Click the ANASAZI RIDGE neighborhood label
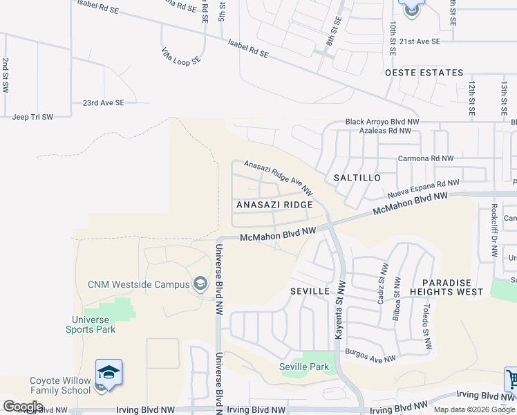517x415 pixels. [x=274, y=205]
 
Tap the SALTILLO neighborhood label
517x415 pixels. [x=357, y=178]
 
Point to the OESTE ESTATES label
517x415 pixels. [x=424, y=73]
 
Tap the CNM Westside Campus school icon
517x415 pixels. [x=200, y=284]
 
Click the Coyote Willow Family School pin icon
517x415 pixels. [x=109, y=372]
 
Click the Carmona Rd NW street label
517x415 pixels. [x=425, y=158]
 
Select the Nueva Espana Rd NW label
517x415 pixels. [x=423, y=187]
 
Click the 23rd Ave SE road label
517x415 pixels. [x=103, y=102]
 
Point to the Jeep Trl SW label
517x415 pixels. [x=32, y=117]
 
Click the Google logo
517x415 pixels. [x=23, y=407]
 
